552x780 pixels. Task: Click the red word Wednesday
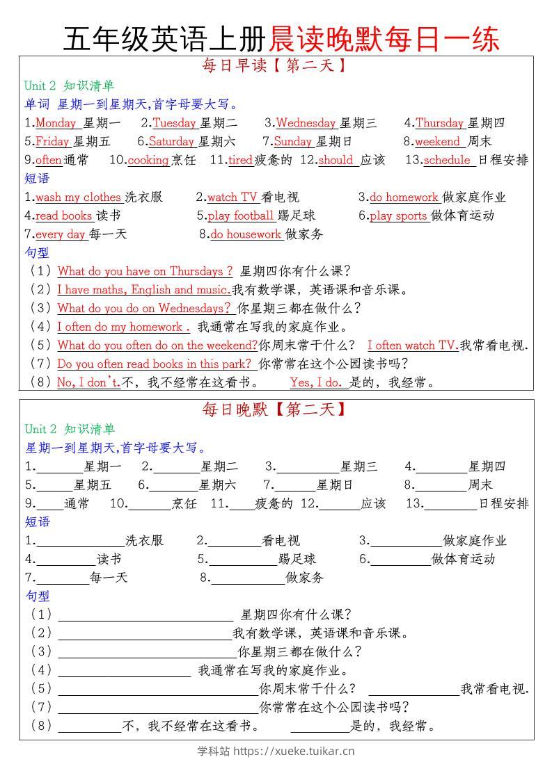tap(306, 123)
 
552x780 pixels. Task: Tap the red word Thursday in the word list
tap(440, 123)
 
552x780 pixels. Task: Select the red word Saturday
tap(171, 142)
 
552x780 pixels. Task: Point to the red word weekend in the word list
tap(438, 142)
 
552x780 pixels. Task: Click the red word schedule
tap(447, 160)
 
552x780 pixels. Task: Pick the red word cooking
tap(148, 160)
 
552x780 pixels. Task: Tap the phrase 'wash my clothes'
tap(78, 197)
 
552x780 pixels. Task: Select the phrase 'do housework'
tap(246, 234)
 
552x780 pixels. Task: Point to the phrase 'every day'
tap(60, 234)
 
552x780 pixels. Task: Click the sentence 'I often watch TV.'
tap(412, 346)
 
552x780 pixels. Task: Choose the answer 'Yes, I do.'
tap(317, 382)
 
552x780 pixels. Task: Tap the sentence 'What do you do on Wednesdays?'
tap(144, 308)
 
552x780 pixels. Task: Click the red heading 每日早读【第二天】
tap(274, 67)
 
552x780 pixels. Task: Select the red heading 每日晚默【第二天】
tap(274, 410)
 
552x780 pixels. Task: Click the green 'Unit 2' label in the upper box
tap(40, 86)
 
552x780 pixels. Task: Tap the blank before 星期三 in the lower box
tap(308, 467)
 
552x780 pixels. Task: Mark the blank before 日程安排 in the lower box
tap(450, 504)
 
